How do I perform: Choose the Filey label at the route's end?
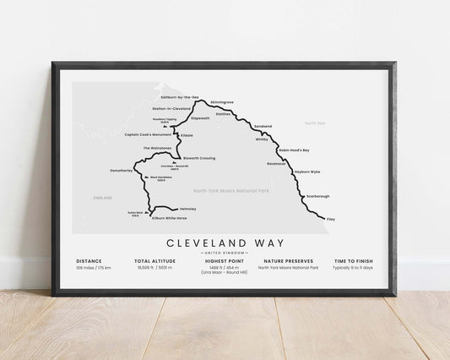[x=330, y=219]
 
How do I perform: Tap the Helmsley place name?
[x=187, y=208]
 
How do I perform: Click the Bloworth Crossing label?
[x=199, y=157]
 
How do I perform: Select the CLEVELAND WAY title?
[x=224, y=243]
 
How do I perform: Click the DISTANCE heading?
[x=90, y=262]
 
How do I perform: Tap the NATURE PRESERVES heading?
[x=290, y=262]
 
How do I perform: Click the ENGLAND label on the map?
[x=103, y=197]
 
